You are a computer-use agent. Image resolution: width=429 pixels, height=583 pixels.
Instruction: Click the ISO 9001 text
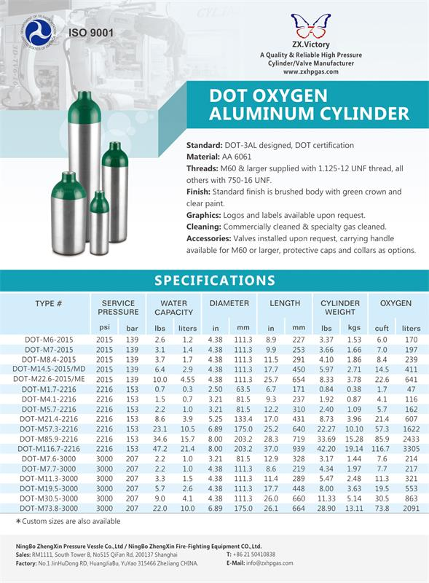(x=91, y=33)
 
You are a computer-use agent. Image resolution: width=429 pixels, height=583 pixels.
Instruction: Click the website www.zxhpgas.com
(x=311, y=71)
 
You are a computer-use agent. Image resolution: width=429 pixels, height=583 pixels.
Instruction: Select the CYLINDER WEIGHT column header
(x=339, y=308)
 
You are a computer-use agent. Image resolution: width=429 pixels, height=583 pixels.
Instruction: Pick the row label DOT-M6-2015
(x=49, y=340)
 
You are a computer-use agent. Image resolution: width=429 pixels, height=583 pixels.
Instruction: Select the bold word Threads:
(x=202, y=168)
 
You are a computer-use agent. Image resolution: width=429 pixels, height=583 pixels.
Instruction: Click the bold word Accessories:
(x=210, y=238)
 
